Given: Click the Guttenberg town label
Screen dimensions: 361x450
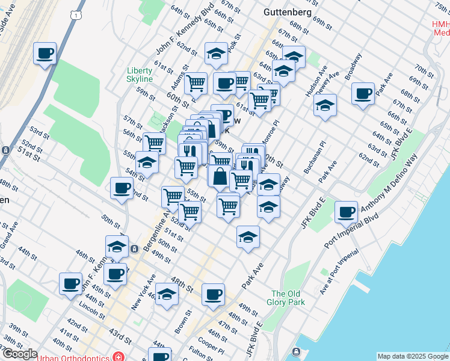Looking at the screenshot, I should click(288, 12).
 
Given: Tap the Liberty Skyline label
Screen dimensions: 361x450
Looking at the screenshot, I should click(140, 74).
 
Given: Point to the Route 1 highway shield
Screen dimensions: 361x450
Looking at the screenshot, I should click(73, 13).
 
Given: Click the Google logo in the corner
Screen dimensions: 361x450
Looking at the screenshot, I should click(19, 354).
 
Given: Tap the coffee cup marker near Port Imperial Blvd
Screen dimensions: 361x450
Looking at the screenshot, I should click(347, 212).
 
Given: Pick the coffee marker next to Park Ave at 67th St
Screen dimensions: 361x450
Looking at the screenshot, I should click(363, 94).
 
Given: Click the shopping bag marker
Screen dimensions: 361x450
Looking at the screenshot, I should click(220, 176).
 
